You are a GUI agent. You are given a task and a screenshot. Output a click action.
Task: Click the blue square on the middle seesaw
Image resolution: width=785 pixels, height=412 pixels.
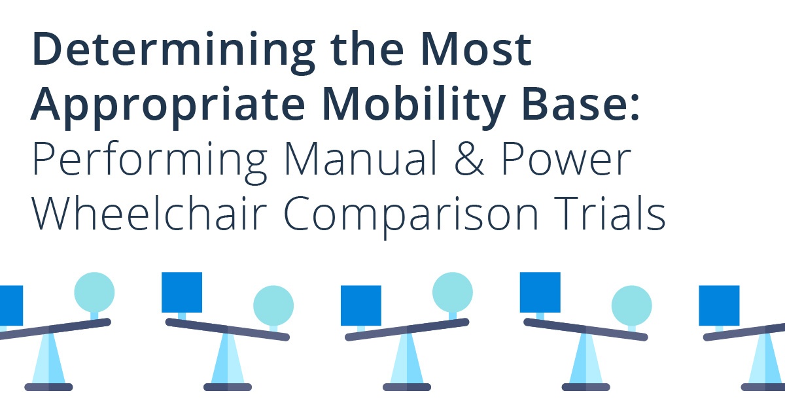coord(361,305)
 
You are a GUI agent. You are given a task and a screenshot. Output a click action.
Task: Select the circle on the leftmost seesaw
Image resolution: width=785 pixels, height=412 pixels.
coord(94,292)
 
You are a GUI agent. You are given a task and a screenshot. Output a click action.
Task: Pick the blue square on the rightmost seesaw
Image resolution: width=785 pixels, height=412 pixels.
coord(720,305)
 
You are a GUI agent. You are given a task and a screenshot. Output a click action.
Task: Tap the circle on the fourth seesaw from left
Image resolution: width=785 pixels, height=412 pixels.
coord(632,305)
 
